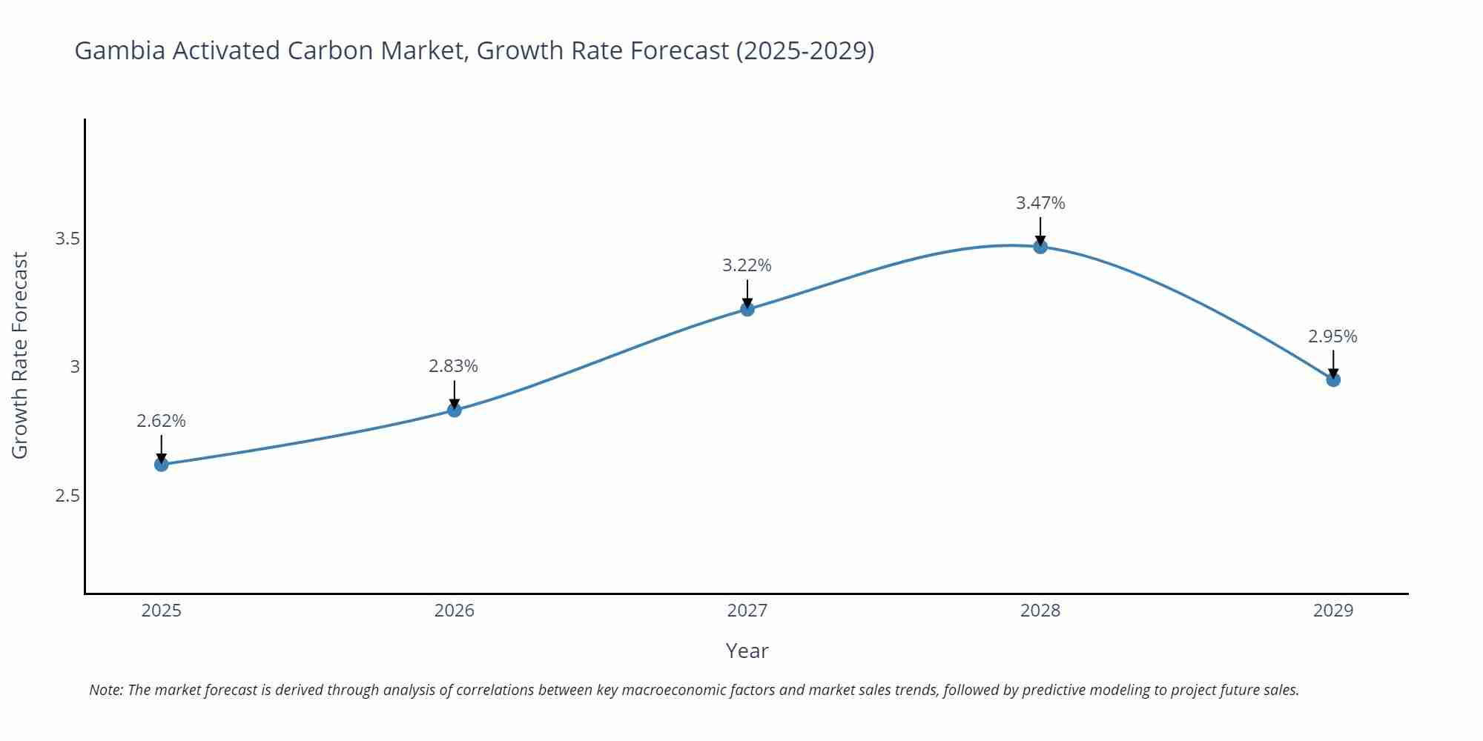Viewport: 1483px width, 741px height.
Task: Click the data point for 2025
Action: (x=161, y=465)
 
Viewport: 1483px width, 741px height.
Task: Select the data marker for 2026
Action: (x=455, y=410)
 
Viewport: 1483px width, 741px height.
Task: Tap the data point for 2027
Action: (x=747, y=309)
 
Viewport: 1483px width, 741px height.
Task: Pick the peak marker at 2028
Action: (x=1040, y=247)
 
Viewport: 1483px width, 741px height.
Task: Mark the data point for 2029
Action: (x=1333, y=380)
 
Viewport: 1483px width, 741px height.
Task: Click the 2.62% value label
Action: (x=161, y=421)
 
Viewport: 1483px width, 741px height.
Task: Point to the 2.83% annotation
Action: (x=453, y=366)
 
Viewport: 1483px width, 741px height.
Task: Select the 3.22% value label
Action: (x=747, y=265)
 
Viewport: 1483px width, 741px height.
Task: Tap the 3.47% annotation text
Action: (x=1040, y=203)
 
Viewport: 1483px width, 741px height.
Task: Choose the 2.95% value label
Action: (x=1332, y=336)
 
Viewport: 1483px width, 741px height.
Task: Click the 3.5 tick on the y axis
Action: (x=67, y=239)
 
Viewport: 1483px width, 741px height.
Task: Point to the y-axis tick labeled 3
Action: (x=75, y=367)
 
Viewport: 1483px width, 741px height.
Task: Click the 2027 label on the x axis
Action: (x=747, y=611)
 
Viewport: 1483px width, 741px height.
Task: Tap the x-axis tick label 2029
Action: (x=1333, y=611)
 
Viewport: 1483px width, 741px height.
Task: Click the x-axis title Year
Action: (x=747, y=651)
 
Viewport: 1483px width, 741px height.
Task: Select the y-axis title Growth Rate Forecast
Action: (x=20, y=356)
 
